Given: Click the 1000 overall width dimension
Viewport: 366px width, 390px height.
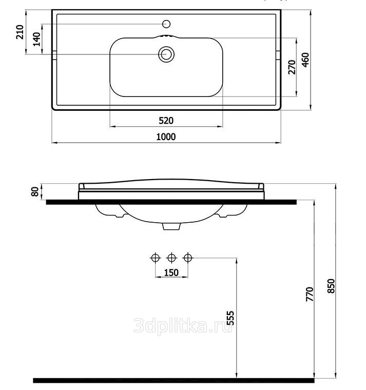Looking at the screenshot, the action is point(166,137).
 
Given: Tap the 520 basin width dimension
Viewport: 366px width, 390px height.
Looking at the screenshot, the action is point(166,121).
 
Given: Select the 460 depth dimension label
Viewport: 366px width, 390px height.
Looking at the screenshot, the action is point(305,60).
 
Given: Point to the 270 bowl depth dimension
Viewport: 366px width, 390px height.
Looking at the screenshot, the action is point(292,67).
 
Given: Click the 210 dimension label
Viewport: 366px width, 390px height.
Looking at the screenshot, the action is point(20,32).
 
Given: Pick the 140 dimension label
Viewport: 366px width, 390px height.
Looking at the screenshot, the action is point(36,39).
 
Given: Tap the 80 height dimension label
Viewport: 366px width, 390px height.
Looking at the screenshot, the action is point(35,191).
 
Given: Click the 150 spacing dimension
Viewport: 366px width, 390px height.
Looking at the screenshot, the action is point(171,272).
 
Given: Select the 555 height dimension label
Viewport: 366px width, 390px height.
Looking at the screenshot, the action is point(230,318).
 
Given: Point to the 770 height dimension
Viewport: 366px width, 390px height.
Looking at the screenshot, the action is point(310,294).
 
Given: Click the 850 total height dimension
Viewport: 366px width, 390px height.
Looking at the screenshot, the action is point(331,286).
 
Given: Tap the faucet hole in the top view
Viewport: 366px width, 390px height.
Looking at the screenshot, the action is point(166,24).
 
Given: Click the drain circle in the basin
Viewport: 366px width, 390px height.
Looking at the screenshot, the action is point(166,54).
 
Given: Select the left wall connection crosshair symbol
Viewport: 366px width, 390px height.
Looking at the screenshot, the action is point(156,258).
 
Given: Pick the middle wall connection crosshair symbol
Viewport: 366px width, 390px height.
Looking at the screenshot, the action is point(171,258).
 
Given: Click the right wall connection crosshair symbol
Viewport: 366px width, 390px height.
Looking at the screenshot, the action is point(188,258).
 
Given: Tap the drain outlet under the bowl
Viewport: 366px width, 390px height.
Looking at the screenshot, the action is point(171,226).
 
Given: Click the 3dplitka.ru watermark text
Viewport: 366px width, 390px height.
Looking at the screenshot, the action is point(183,326).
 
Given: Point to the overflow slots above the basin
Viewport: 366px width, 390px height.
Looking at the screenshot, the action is point(166,36).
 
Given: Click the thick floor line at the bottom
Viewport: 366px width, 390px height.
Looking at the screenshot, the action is point(174,381).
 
